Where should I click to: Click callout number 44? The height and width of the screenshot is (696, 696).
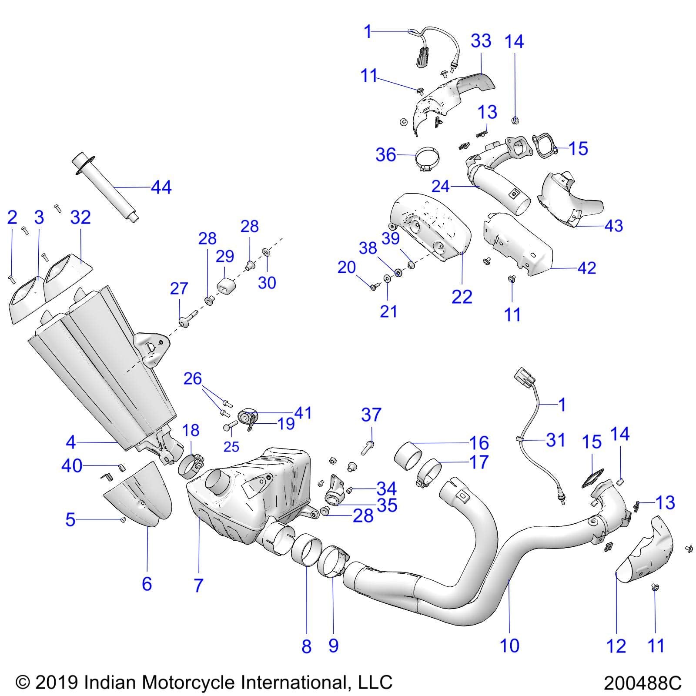pos(161,187)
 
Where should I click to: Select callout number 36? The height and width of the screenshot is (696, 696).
pos(386,155)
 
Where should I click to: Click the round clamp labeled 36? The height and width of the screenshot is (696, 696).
pos(427,159)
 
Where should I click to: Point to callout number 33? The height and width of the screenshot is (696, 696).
pos(481,41)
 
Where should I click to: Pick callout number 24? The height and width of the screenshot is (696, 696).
pos(440,186)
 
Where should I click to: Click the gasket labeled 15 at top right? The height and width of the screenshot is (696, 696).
pos(544,145)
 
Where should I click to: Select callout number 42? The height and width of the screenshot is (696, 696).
pos(586,268)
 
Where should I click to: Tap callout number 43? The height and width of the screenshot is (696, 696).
pos(613,225)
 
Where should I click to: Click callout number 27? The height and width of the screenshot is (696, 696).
pos(179,288)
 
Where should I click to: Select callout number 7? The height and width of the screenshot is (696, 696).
pos(198,586)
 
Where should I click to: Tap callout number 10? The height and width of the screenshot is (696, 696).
pos(509,646)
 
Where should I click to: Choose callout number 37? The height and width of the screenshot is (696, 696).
pos(371,415)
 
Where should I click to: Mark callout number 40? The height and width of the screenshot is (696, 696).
pos(72,466)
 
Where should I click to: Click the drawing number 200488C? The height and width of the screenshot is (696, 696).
pos(642,683)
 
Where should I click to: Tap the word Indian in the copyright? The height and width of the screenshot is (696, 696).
pos(110,682)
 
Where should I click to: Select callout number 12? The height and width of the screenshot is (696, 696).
pos(616,646)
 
